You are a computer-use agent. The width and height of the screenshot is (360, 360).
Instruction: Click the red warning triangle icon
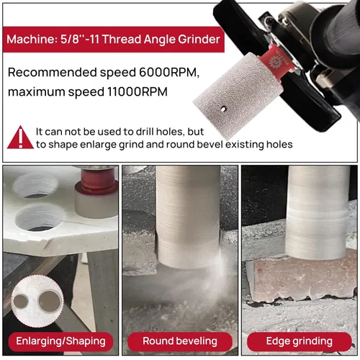coord(20,138)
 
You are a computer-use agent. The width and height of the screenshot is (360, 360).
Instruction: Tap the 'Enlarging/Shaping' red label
coord(60,341)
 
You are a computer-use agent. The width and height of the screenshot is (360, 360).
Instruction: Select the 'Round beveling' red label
coord(180,341)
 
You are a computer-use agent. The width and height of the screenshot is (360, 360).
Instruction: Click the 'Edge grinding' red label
coord(300,341)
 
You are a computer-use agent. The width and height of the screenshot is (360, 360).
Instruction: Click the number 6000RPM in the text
coord(169,72)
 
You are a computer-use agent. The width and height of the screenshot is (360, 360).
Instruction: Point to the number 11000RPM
coord(138,91)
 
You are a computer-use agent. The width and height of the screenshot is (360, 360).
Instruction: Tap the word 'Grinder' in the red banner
coord(199,40)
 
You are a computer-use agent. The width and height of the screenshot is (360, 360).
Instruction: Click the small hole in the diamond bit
coord(223,109)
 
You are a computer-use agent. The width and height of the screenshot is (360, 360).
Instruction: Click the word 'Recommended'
coord(53,72)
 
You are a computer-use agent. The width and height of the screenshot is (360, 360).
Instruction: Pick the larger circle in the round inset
coord(50,301)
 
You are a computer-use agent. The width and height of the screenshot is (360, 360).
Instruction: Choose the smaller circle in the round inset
coord(21,302)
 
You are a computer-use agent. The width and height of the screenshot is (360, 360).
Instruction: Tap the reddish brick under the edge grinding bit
coord(301,279)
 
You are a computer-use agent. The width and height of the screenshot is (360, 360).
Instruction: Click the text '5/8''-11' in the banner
coord(80,40)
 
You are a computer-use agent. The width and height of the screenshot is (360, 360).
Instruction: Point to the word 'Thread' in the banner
coord(122,40)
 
